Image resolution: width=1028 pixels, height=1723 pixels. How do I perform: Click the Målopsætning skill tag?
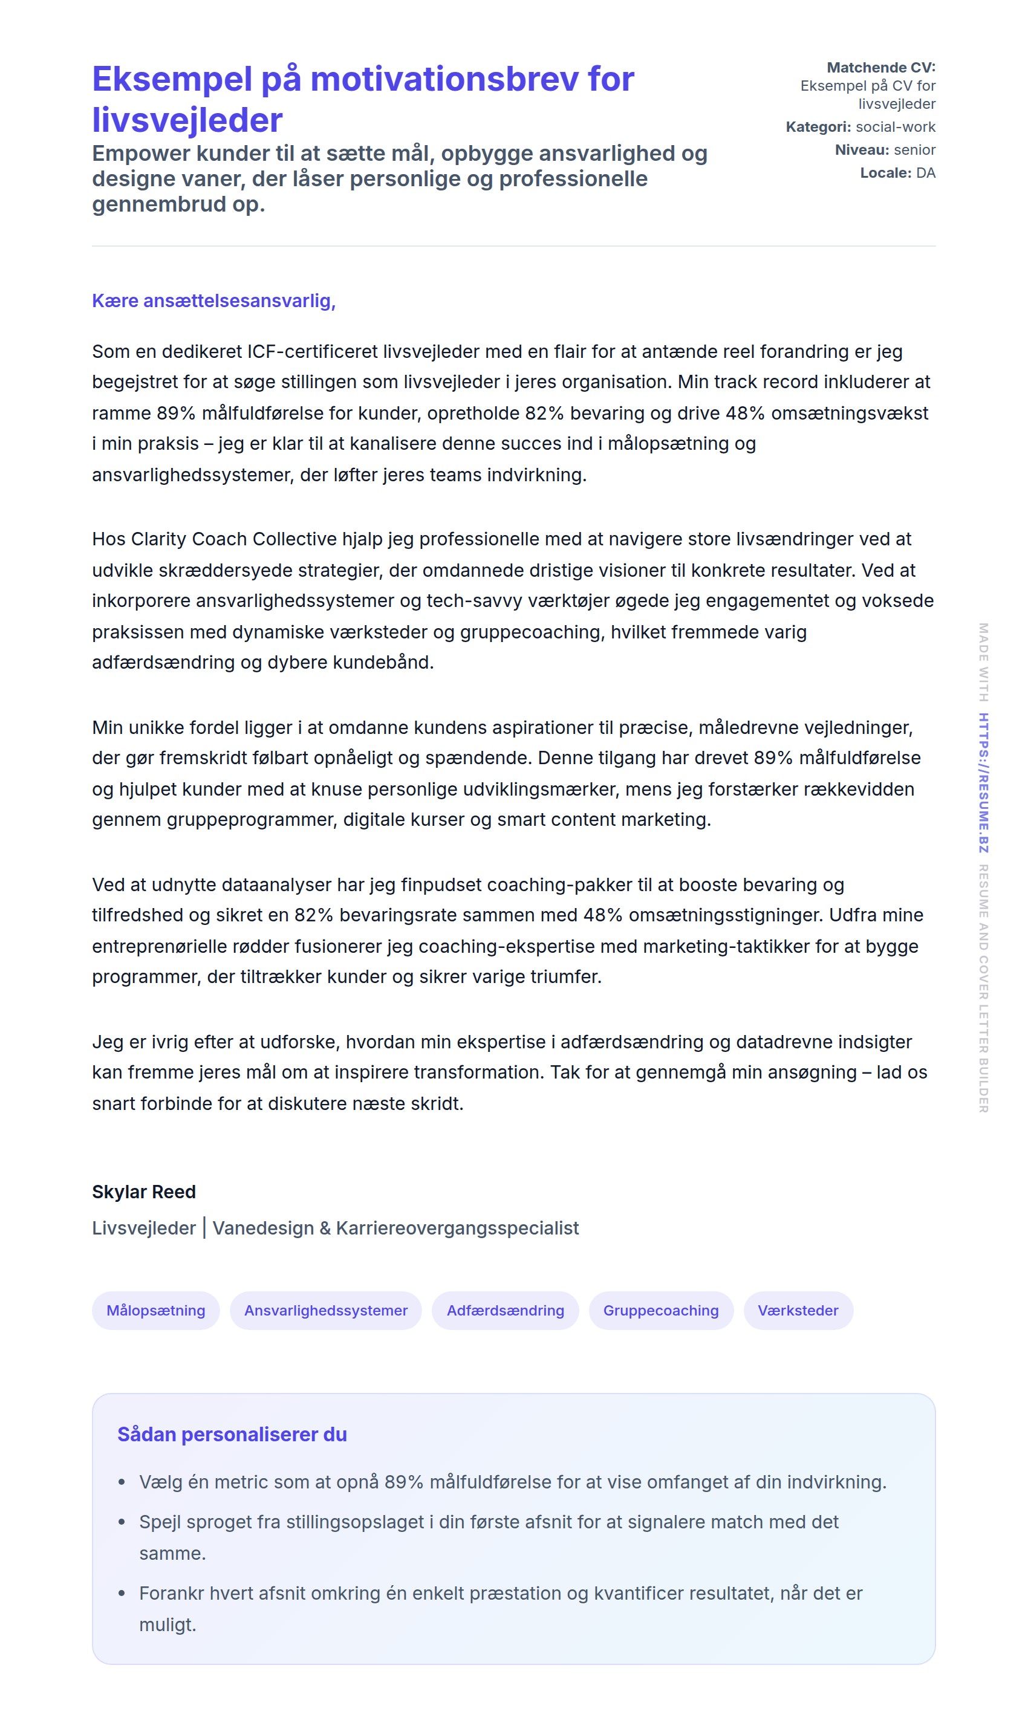pos(155,1310)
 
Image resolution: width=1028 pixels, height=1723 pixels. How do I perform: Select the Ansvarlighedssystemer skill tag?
pos(325,1310)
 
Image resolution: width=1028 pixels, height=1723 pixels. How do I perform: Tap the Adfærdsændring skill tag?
pos(505,1310)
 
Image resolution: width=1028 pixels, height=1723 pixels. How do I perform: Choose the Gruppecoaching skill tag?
pos(660,1310)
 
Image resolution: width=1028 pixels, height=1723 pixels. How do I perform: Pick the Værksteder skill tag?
pos(798,1310)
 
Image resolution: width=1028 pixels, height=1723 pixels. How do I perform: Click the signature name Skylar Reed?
pos(144,1192)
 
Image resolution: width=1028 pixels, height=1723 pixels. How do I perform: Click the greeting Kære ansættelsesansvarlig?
pos(213,300)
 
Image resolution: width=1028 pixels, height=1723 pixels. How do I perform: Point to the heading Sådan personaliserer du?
pos(232,1434)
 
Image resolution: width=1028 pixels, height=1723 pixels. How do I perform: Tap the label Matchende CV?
pos(880,67)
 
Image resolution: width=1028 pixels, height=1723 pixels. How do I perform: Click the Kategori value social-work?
pos(895,127)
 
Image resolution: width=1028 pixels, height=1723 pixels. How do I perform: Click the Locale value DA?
pos(925,172)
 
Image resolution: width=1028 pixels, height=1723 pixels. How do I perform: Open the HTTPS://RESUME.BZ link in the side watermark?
pos(983,782)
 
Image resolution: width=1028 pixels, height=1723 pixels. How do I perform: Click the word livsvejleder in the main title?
pos(187,120)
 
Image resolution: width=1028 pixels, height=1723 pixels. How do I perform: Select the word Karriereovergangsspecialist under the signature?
pos(457,1228)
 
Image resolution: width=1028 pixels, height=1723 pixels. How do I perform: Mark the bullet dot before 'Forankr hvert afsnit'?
pos(122,1594)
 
